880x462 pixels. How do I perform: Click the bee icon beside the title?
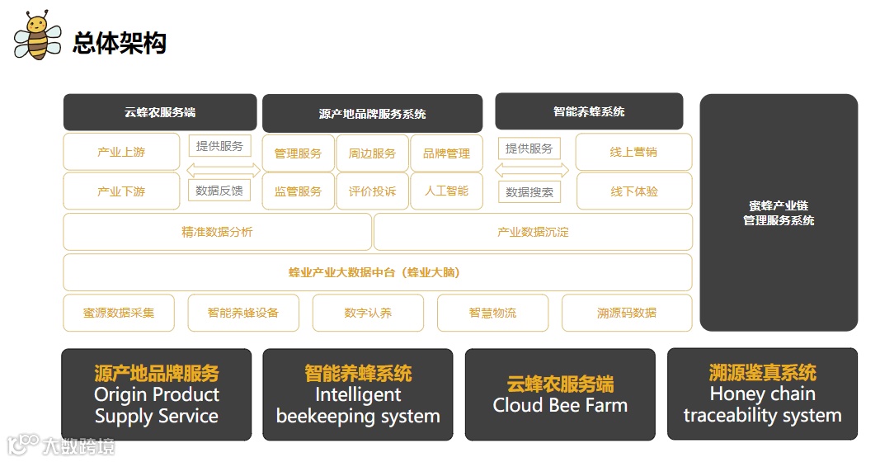[x=37, y=37]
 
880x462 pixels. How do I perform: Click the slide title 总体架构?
[x=120, y=42]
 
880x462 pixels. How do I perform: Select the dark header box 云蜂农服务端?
[x=160, y=112]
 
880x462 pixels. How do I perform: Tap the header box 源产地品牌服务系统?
[x=372, y=114]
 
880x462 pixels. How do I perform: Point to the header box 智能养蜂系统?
[x=589, y=111]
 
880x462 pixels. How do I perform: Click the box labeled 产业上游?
[x=121, y=153]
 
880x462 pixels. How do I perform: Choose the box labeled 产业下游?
[x=121, y=191]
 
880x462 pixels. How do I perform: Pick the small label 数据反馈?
[x=219, y=191]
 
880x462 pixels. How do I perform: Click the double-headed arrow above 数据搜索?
[x=531, y=171]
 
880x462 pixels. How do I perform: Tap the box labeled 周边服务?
[x=372, y=153]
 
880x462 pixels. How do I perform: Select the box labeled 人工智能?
[x=446, y=191]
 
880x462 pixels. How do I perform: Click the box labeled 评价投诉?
[x=372, y=191]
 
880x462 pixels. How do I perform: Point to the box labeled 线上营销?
[x=633, y=153]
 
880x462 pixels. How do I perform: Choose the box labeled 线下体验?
[x=633, y=191]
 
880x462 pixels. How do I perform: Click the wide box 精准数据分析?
[x=217, y=232]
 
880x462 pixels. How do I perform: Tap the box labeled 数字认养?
[x=368, y=313]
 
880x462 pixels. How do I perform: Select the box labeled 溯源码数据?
[x=627, y=313]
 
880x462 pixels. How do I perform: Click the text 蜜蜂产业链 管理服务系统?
[x=779, y=213]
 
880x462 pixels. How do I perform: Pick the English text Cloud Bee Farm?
[x=560, y=406]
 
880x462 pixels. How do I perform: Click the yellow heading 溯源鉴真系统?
[x=762, y=373]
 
